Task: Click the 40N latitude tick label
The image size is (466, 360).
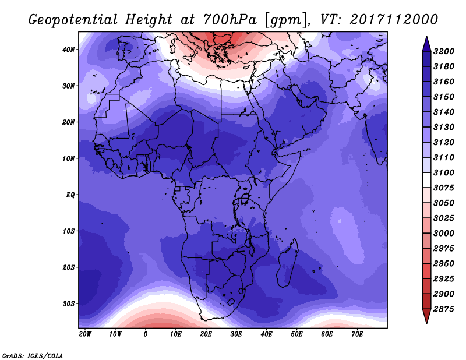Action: [x=68, y=50]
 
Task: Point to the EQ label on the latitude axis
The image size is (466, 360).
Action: [x=70, y=195]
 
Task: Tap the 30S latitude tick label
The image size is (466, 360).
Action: [x=68, y=304]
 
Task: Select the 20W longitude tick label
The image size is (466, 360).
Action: [x=85, y=334]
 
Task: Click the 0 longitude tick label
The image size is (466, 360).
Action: [x=145, y=334]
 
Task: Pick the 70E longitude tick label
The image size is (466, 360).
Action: [x=357, y=334]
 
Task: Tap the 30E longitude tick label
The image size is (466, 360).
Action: [x=236, y=334]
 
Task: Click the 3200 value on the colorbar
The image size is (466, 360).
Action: [x=444, y=51]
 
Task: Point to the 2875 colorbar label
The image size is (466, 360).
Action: [x=444, y=309]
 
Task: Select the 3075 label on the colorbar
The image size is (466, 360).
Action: [x=444, y=188]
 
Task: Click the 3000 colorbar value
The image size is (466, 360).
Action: [x=444, y=234]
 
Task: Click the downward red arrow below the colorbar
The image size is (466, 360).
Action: [x=426, y=316]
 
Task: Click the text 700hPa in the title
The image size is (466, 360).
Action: [x=230, y=20]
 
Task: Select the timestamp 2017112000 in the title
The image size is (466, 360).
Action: [x=394, y=20]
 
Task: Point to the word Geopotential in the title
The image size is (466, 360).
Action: [x=73, y=20]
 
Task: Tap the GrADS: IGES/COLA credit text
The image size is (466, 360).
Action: [x=33, y=356]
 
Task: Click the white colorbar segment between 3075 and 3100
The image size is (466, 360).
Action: [x=426, y=180]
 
